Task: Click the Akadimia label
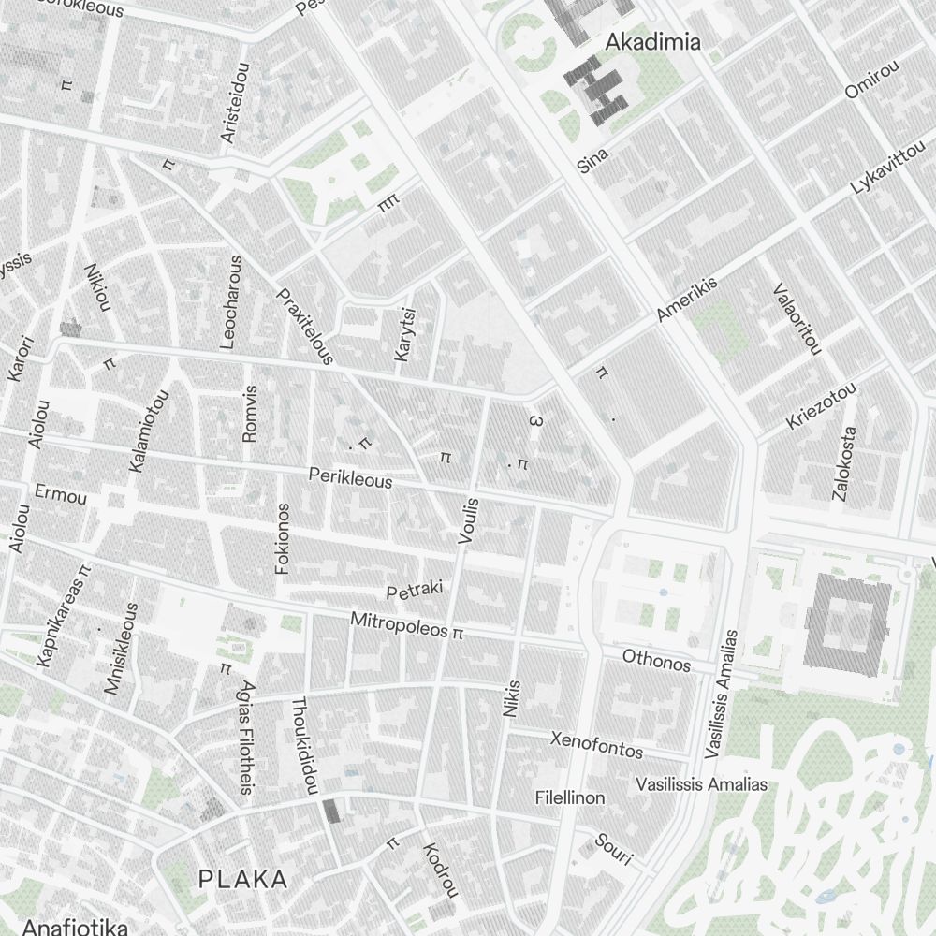click(652, 42)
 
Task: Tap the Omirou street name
click(871, 80)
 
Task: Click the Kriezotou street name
click(821, 406)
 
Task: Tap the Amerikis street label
click(686, 299)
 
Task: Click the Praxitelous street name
click(305, 327)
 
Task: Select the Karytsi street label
click(404, 334)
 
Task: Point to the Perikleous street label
click(350, 478)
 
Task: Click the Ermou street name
click(60, 494)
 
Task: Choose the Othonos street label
click(656, 661)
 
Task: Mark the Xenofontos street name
click(596, 745)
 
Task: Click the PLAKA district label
click(242, 879)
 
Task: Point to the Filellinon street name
click(570, 797)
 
